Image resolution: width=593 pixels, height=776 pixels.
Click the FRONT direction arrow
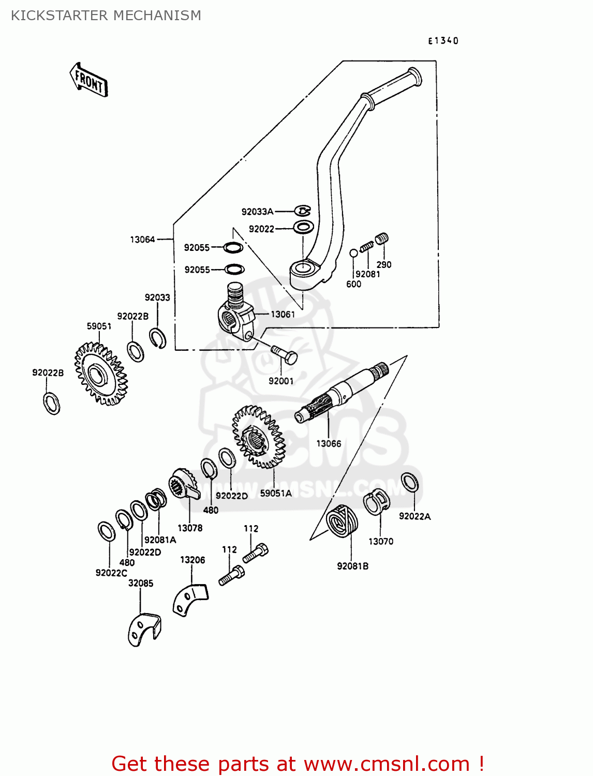pos(89,81)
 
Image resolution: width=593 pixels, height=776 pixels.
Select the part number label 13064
pos(142,240)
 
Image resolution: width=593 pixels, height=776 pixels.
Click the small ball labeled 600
pos(354,253)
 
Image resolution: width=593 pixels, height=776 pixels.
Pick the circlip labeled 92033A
pos(303,211)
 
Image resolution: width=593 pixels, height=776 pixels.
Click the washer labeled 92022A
pos(410,483)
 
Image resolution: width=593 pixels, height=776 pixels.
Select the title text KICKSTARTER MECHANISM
pos(106,16)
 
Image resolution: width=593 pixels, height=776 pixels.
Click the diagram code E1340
pos(443,41)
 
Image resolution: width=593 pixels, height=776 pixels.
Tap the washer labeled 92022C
pos(107,531)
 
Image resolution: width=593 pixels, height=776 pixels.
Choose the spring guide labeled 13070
pos(376,503)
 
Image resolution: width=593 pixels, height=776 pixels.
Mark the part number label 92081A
pos(160,540)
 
